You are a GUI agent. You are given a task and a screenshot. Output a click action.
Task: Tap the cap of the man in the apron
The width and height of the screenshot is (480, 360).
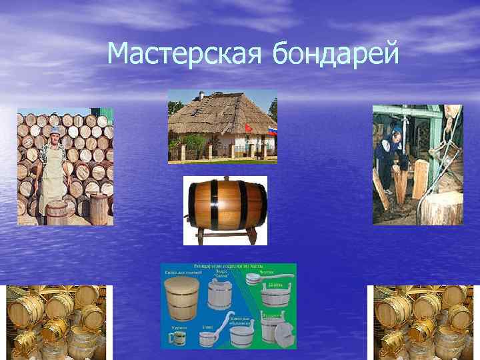(x=55, y=130)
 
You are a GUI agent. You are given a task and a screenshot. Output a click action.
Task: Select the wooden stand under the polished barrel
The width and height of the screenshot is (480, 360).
(x=225, y=235)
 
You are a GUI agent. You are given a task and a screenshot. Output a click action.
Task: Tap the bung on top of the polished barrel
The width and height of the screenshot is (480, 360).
(x=225, y=179)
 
